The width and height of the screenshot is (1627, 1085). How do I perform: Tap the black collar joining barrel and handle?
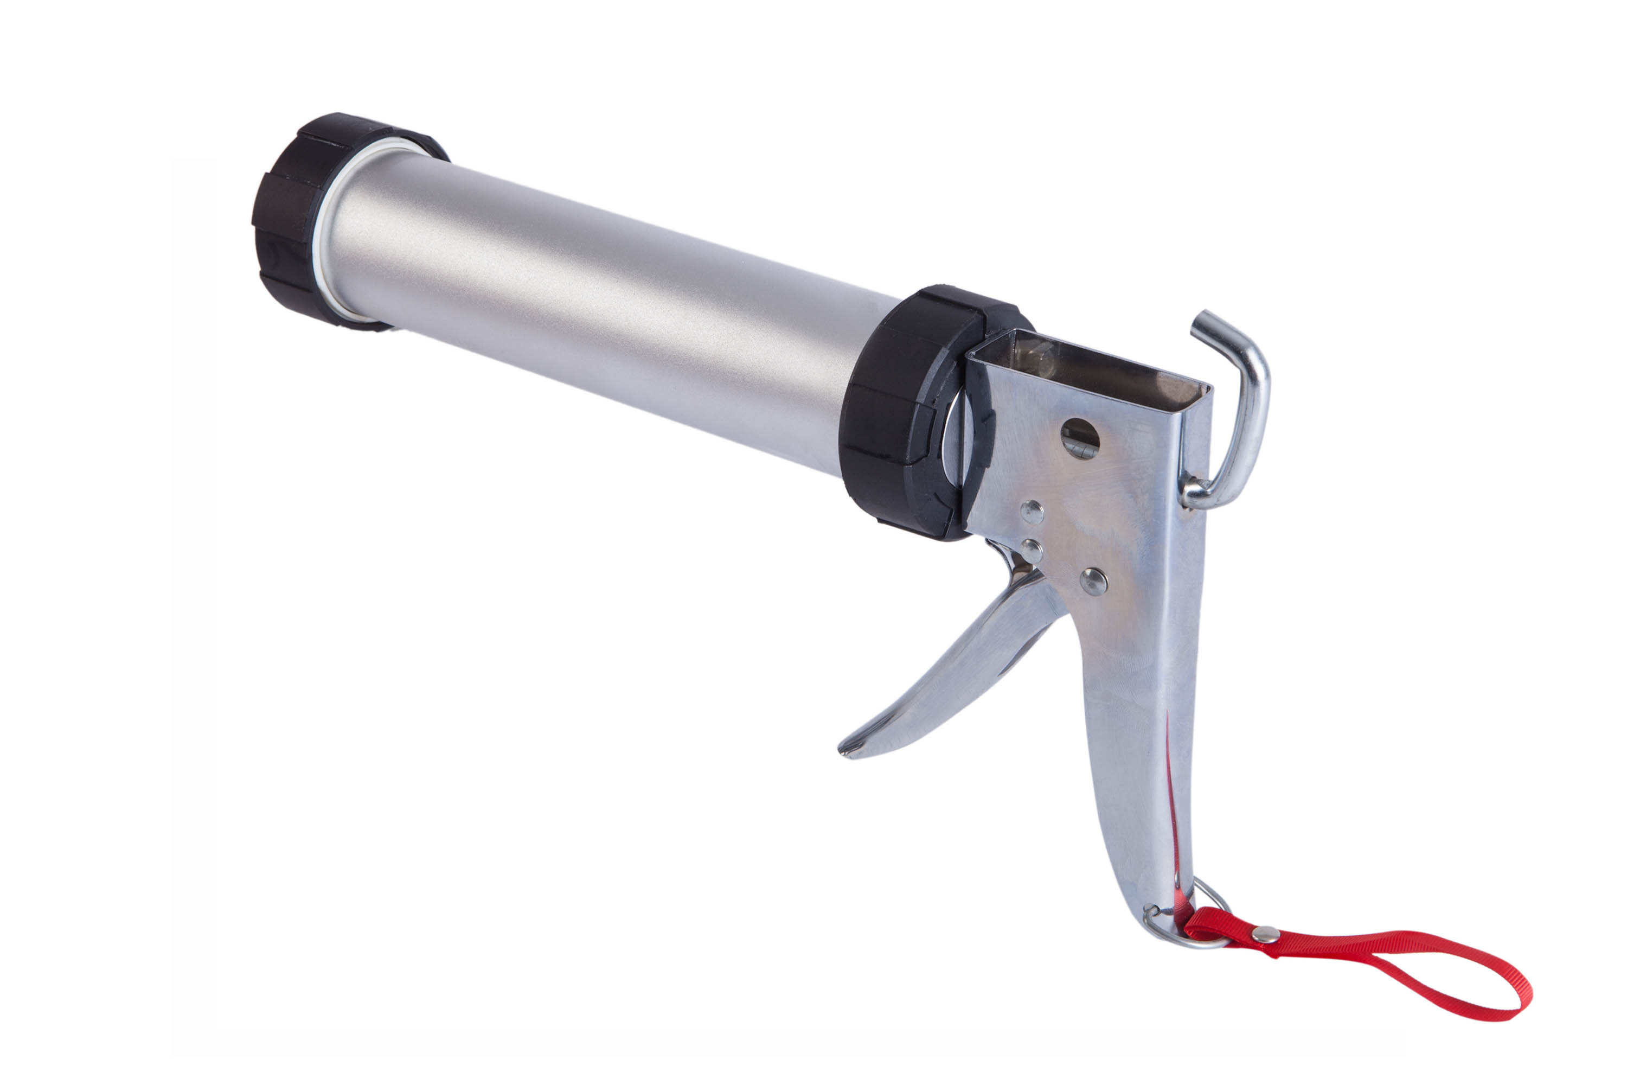[892, 415]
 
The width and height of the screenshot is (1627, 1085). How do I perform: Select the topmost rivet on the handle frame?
[1032, 512]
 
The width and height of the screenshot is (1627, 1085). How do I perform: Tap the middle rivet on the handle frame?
[1032, 551]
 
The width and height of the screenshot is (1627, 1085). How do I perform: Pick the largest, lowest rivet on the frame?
[1093, 581]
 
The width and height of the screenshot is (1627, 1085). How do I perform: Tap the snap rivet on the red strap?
[1265, 934]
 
